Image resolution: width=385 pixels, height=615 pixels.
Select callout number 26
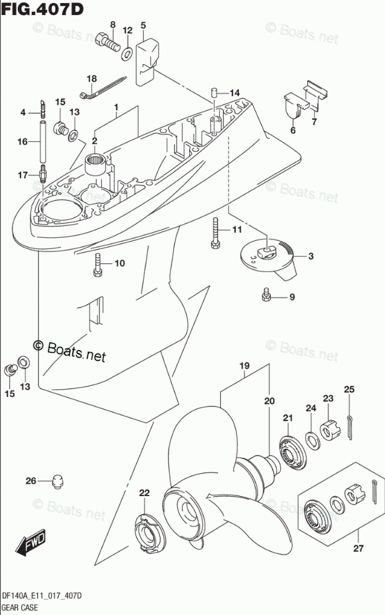point(31,481)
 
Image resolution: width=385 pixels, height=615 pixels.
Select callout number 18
point(92,79)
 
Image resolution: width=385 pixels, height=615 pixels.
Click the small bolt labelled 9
point(267,295)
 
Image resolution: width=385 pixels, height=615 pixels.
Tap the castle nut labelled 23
point(328,429)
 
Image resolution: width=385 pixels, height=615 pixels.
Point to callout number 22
point(144,493)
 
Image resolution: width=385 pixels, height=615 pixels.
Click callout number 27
point(358,548)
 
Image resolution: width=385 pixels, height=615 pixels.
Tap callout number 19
point(244,365)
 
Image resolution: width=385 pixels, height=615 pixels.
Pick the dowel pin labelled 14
point(213,93)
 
